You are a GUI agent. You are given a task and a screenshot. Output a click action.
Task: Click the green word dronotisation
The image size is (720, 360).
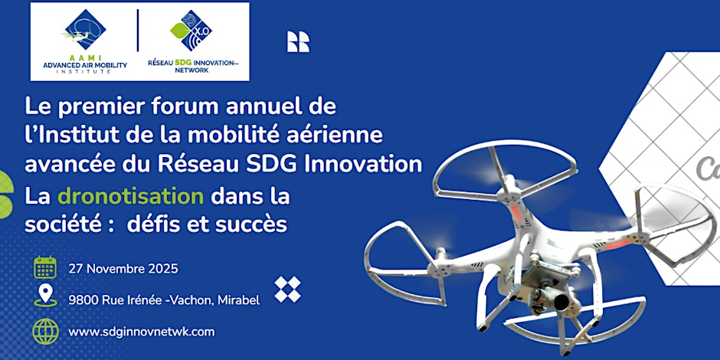click(x=131, y=196)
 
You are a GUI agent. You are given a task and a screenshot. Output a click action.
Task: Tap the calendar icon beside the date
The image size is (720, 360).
click(x=45, y=267)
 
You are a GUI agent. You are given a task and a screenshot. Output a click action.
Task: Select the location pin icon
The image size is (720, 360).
click(x=45, y=296)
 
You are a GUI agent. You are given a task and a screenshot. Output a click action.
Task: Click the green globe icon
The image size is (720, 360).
click(x=45, y=331)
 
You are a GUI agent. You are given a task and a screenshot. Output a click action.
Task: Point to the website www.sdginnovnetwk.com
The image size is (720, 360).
click(x=141, y=332)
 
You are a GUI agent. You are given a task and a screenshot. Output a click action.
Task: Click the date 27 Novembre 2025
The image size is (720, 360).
click(x=123, y=269)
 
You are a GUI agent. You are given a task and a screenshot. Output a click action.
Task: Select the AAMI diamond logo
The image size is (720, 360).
click(x=85, y=28)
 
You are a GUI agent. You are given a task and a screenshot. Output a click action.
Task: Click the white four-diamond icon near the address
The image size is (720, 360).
click(x=287, y=289)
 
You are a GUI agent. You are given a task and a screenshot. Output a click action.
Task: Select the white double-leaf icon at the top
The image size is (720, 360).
click(x=298, y=41)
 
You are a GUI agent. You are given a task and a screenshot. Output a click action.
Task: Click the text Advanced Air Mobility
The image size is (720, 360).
click(x=84, y=64)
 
